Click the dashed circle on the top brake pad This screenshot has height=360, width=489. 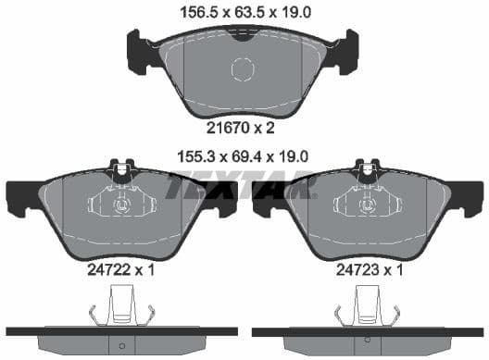point(243,69)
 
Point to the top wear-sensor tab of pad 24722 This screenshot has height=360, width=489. point(120,168)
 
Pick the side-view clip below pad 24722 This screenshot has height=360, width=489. point(121,304)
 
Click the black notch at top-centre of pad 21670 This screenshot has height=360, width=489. point(243,37)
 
